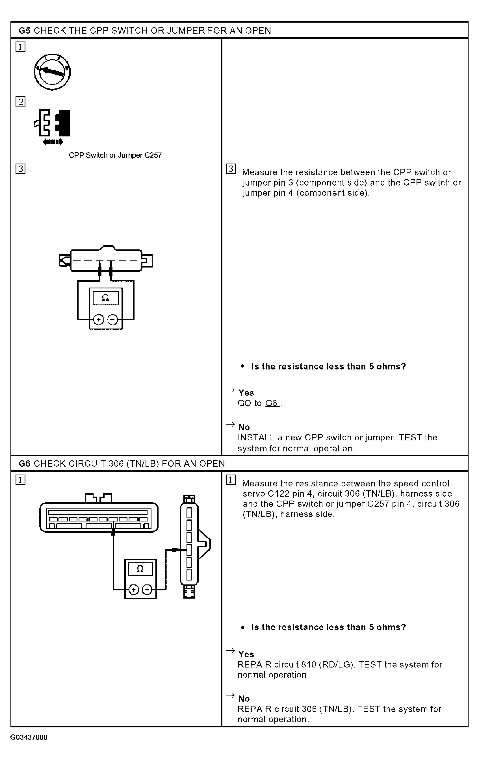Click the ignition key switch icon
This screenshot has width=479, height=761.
click(52, 72)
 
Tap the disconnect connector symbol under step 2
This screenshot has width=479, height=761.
click(53, 127)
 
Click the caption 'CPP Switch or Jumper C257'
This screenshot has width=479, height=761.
click(115, 155)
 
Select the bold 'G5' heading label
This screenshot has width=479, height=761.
click(25, 31)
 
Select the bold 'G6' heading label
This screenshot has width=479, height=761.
click(25, 464)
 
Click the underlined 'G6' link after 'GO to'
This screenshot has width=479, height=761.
click(272, 403)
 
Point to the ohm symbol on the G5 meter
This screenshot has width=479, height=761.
click(106, 298)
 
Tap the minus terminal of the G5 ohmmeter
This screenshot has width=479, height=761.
click(112, 320)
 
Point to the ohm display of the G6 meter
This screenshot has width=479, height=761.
click(140, 569)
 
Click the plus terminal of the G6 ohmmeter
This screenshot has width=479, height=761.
click(134, 590)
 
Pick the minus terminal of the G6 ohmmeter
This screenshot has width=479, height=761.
click(147, 590)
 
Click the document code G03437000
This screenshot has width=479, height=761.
click(29, 737)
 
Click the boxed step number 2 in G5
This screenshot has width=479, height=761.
click(21, 102)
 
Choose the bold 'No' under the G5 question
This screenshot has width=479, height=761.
click(244, 427)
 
